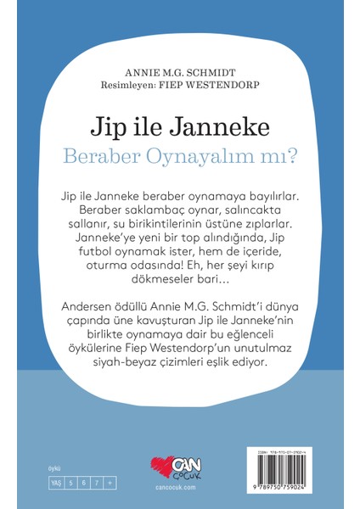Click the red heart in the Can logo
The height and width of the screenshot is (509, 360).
coord(154,470)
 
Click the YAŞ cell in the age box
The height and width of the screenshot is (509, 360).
coord(34,481)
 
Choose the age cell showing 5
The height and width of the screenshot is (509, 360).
coord(48,481)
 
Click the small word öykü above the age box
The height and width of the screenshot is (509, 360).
coord(33,469)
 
